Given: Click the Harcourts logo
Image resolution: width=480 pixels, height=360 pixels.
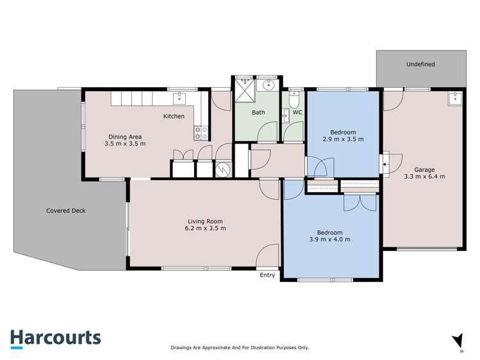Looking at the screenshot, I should point(55,338).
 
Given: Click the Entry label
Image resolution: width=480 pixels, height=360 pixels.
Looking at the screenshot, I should point(267,275).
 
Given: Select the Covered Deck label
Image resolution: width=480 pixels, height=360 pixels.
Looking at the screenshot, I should point(66,210).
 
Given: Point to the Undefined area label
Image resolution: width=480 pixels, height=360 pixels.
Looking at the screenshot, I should point(420,64).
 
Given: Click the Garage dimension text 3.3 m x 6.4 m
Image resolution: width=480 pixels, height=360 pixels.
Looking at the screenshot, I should point(424,176).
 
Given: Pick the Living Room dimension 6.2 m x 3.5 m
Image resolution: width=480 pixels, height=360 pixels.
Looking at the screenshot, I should point(202,227).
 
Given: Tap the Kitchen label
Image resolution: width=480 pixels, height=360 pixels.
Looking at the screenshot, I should point(174,116).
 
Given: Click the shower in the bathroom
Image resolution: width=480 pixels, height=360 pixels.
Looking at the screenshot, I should point(244,90).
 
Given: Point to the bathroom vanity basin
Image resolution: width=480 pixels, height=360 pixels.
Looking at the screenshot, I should point(269,85).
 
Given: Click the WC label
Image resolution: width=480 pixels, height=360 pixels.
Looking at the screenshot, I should point(297,113).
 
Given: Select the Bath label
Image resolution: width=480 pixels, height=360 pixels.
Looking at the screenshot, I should point(258,113).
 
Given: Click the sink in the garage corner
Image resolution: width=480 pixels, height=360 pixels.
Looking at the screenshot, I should point(455,98).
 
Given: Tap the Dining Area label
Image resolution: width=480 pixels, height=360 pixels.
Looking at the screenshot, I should point(124,136).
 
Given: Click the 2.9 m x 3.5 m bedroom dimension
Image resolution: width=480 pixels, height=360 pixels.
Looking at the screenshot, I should point(343,139).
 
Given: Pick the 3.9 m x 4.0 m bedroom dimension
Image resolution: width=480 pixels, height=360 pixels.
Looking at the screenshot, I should point(329,240).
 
